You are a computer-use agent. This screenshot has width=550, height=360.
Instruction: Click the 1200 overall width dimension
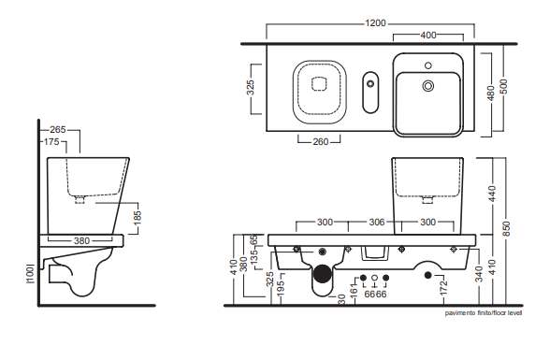pyautogui.click(x=375, y=23)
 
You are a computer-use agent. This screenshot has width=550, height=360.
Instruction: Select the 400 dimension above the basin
pyautogui.click(x=428, y=35)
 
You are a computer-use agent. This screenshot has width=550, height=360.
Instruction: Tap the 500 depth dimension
pyautogui.click(x=503, y=86)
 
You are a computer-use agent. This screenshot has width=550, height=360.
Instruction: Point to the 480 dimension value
pyautogui.click(x=491, y=93)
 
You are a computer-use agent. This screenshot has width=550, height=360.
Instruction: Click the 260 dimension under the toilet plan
pyautogui.click(x=321, y=141)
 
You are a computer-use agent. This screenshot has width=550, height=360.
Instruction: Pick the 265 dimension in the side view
pyautogui.click(x=58, y=130)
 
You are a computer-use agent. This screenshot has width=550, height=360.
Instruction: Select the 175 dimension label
pyautogui.click(x=51, y=142)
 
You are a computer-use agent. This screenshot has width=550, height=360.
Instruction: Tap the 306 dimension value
pyautogui.click(x=377, y=222)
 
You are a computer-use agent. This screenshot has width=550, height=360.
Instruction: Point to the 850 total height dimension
pyautogui.click(x=506, y=228)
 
